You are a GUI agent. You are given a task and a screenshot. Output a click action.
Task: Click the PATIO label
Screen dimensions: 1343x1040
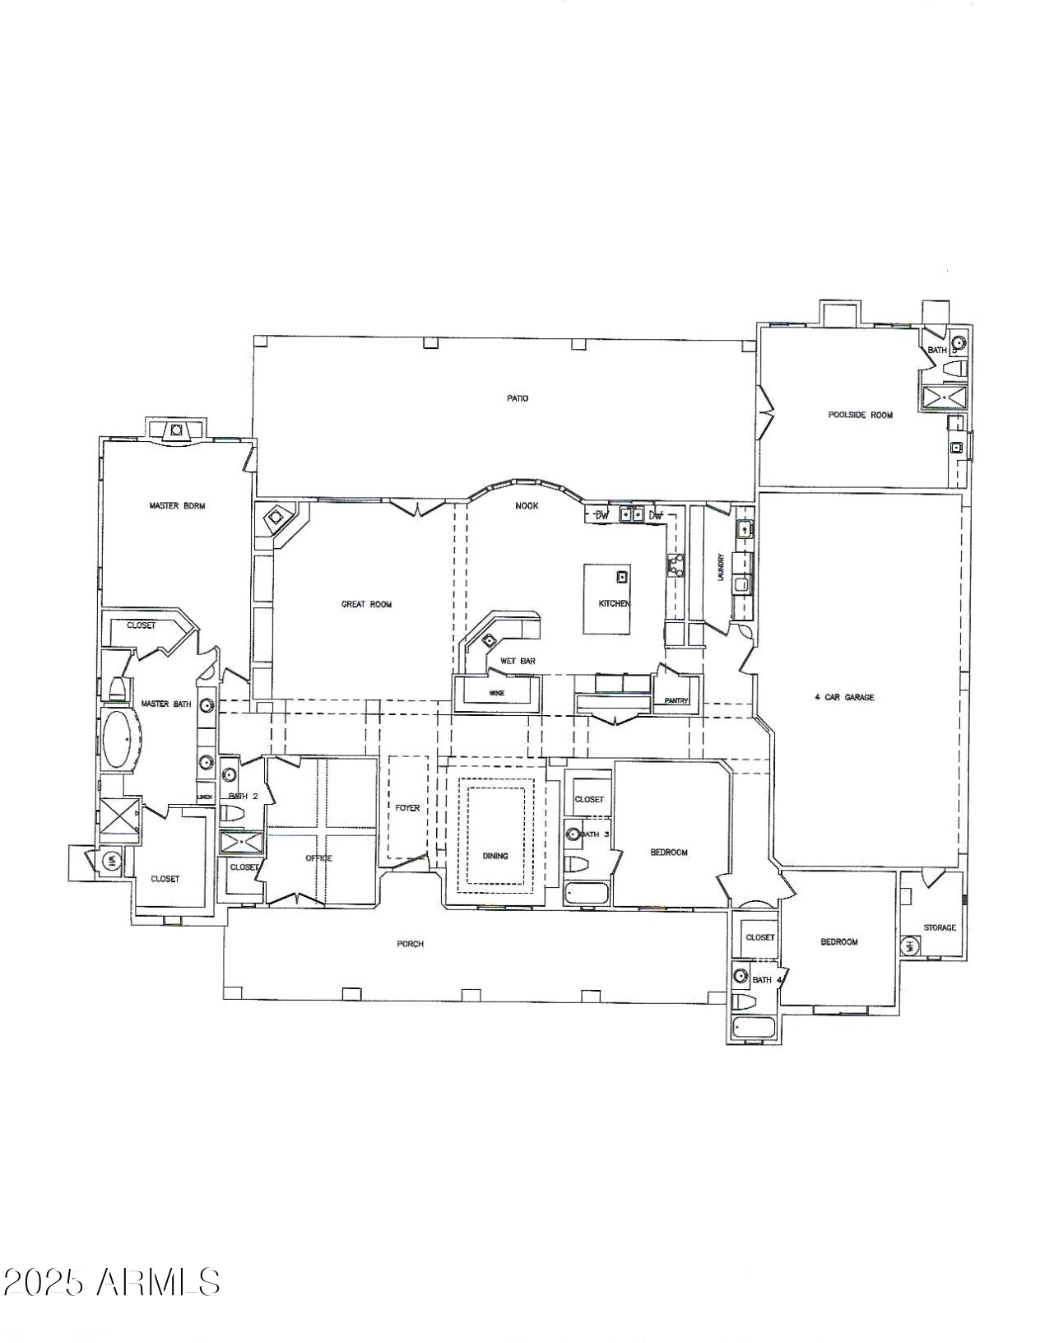518,398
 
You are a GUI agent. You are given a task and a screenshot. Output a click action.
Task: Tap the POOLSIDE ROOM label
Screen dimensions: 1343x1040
860,415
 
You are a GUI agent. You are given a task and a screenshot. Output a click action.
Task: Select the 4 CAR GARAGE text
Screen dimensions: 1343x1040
844,697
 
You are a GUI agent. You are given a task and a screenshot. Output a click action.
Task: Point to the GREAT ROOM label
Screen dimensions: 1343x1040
366,604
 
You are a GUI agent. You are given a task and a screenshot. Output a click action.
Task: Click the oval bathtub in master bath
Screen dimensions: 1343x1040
119,740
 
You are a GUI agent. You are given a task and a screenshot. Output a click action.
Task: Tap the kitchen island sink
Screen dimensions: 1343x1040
623,576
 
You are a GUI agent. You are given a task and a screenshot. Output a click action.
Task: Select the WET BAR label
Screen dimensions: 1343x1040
518,661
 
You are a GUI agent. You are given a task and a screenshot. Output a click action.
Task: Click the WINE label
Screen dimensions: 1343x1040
497,693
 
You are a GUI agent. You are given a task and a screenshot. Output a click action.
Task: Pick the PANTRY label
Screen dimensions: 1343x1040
676,701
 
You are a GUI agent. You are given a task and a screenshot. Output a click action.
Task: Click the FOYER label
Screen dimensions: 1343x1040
407,808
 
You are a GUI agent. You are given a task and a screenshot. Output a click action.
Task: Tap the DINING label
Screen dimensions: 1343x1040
495,856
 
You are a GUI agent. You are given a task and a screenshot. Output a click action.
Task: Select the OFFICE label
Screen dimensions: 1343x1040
318,858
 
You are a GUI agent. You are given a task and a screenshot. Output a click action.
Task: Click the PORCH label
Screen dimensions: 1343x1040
410,944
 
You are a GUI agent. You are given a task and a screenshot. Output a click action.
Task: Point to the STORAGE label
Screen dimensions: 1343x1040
940,927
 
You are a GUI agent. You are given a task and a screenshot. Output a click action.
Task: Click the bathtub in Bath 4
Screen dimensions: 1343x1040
752,1028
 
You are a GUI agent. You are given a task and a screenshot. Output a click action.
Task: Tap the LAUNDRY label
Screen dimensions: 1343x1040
720,567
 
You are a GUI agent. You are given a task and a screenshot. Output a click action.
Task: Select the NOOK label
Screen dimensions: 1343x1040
527,505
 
